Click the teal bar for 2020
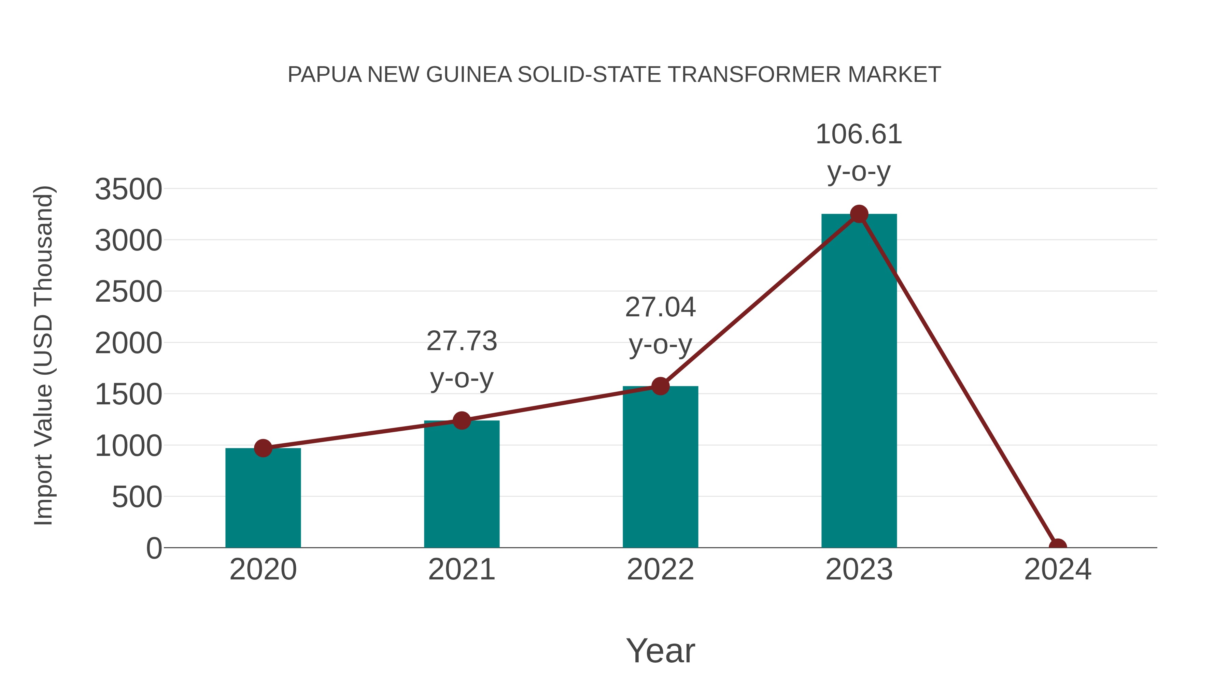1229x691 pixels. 263,498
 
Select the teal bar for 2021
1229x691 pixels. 461,484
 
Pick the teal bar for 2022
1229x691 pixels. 660,467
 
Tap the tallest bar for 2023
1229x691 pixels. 859,382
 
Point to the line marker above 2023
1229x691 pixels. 859,214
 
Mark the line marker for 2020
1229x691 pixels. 263,448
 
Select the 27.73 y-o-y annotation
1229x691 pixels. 461,360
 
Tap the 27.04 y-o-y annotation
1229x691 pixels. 660,326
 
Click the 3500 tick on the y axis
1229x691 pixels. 128,189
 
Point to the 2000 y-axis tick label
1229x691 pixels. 128,343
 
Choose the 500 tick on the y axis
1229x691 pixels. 137,498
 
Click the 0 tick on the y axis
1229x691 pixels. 154,548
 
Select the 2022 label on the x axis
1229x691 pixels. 660,570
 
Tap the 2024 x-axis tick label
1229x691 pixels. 1057,570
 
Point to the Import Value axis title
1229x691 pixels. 43,355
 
